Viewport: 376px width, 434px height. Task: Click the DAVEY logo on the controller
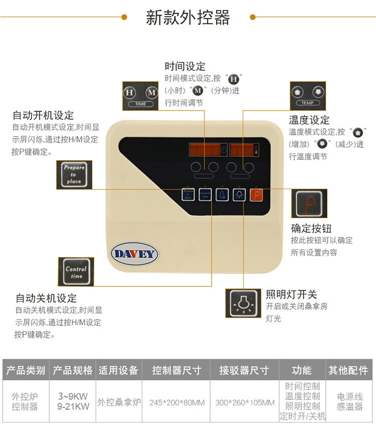click(134, 253)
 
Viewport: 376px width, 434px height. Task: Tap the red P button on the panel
click(256, 194)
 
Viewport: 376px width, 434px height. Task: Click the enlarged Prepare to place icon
click(74, 175)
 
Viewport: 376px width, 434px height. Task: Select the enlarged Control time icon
click(76, 272)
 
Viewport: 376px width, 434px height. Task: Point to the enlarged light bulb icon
click(242, 303)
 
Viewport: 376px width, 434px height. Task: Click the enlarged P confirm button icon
click(309, 203)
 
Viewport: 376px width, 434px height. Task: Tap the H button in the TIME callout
click(129, 93)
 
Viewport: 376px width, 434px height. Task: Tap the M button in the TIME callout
click(151, 93)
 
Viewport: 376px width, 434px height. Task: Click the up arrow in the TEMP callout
click(297, 92)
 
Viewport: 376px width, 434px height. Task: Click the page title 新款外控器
click(187, 18)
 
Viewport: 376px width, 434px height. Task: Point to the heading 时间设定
click(185, 67)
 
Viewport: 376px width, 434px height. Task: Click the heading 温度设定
click(309, 120)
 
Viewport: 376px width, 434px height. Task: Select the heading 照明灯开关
click(291, 294)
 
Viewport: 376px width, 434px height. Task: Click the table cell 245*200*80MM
click(177, 402)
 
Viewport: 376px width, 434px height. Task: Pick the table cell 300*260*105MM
click(245, 402)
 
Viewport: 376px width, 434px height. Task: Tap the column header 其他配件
click(348, 370)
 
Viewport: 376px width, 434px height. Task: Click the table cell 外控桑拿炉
click(118, 402)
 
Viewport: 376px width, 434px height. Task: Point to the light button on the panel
click(239, 194)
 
